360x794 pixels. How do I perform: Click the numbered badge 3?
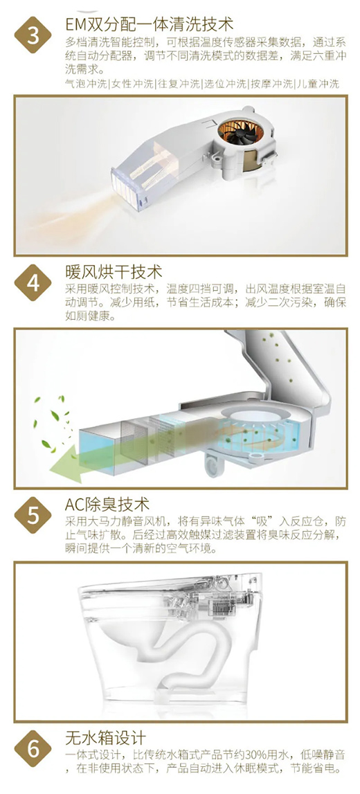33,35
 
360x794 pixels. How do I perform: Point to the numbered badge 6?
33,749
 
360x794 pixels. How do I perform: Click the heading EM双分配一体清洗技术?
150,24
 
